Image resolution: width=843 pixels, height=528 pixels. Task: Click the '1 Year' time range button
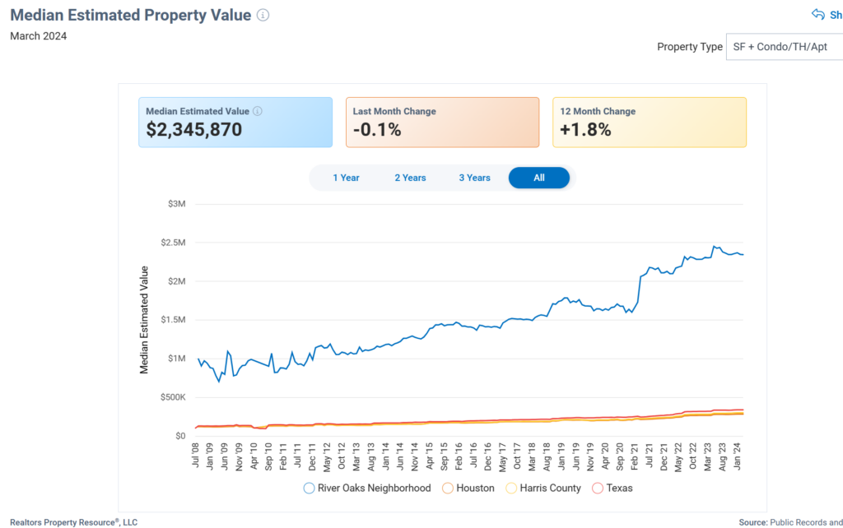(346, 178)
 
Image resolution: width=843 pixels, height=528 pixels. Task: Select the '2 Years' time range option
(410, 178)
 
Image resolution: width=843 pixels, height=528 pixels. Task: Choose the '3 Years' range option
(474, 178)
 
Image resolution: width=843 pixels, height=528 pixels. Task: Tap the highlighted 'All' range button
(538, 178)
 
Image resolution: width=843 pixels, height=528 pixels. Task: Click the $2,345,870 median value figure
(194, 129)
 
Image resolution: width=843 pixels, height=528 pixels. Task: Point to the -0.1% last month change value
(377, 129)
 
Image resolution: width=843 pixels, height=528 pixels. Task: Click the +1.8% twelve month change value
(585, 129)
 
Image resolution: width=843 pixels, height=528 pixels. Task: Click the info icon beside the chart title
(263, 16)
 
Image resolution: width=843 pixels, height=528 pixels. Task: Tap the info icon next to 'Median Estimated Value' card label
(258, 112)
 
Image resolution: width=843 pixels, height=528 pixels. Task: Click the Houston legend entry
(468, 488)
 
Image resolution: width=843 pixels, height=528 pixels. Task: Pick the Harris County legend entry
(543, 488)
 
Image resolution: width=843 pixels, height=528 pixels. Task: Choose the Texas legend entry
(612, 488)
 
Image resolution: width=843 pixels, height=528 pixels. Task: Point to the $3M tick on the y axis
(175, 204)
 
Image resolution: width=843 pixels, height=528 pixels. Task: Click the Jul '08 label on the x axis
(196, 455)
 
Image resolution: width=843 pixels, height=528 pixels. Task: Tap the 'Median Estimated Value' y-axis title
(145, 320)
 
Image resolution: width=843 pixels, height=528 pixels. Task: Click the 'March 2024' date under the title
(39, 36)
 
